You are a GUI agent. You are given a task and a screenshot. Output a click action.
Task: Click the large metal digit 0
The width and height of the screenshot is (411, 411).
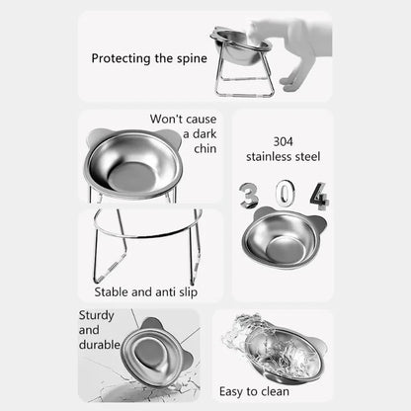pos(283,191)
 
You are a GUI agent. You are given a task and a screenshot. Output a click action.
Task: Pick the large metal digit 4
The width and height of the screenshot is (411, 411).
pos(317,196)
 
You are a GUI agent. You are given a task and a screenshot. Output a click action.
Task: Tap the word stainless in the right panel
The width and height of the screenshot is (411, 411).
pos(266,156)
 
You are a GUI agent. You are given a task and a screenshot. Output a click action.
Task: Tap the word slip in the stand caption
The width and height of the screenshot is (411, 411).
pos(187,292)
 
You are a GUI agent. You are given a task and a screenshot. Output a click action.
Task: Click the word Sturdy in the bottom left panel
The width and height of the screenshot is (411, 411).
pos(97,315)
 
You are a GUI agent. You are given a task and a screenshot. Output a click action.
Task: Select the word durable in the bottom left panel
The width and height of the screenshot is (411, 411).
pos(100,345)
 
